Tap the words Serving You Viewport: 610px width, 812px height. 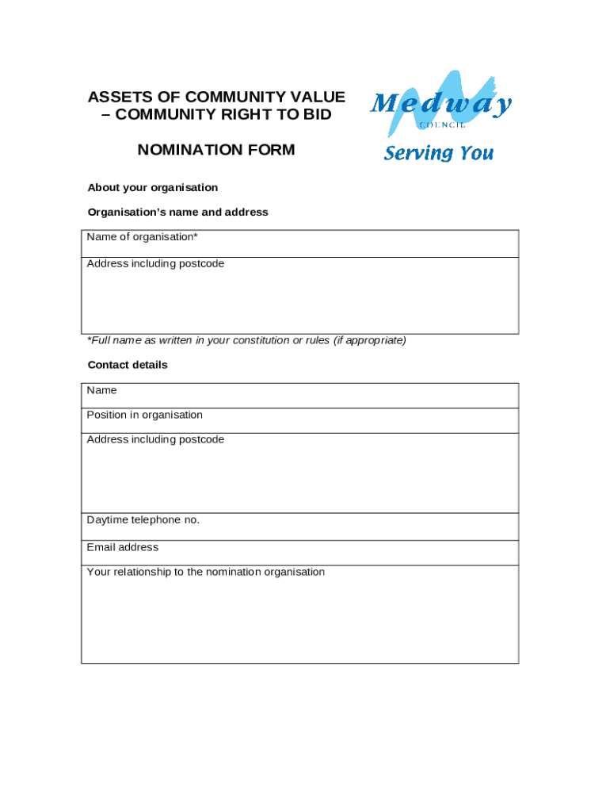click(x=438, y=153)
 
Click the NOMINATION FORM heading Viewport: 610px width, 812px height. click(x=216, y=150)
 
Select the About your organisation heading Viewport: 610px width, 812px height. click(x=152, y=188)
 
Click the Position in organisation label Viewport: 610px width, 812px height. click(x=144, y=415)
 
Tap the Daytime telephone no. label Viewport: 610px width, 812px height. click(x=143, y=520)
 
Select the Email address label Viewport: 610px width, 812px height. click(x=123, y=547)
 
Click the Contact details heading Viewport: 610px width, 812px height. click(x=128, y=366)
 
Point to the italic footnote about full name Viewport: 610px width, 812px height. click(x=246, y=340)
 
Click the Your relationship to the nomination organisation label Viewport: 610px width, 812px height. click(x=206, y=572)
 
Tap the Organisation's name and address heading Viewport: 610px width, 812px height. click(x=177, y=213)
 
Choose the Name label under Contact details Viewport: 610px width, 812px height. click(x=101, y=390)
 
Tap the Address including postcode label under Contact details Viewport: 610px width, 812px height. click(x=155, y=439)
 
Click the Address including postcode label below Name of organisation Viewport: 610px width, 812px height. click(x=155, y=263)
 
